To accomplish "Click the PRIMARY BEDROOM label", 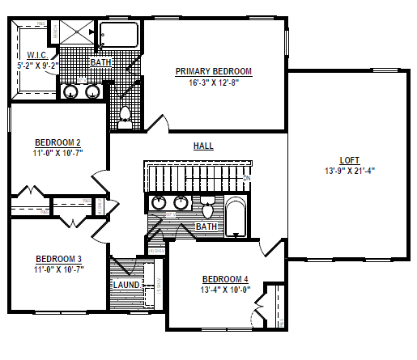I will click(x=214, y=71).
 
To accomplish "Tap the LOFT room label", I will click(x=350, y=160).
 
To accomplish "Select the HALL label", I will click(x=203, y=146).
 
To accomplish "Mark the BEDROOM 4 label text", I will click(x=225, y=280).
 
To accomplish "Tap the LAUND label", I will click(x=126, y=286).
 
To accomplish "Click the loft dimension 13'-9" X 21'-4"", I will click(x=350, y=171).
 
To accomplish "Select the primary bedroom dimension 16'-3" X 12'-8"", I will click(x=214, y=82).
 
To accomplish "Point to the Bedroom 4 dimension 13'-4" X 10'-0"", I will click(x=225, y=290).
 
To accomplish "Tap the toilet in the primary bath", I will click(x=125, y=117).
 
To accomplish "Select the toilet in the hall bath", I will click(x=207, y=210).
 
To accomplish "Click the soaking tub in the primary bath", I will click(x=119, y=35).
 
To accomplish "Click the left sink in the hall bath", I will click(x=158, y=203).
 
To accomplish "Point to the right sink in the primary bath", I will click(x=93, y=91).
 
